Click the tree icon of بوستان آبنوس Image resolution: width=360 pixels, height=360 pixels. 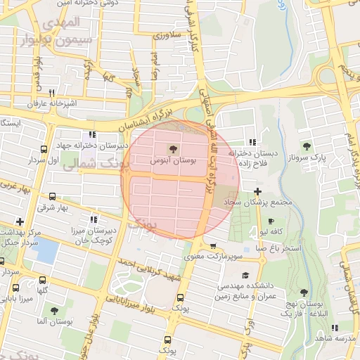[x=172, y=148]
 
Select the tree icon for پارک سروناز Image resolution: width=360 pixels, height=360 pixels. [x=307, y=146]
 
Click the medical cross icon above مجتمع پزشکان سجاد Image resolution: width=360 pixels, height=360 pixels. [x=257, y=191]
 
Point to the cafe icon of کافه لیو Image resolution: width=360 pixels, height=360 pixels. [x=271, y=221]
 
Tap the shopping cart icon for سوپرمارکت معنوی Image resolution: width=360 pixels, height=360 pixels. [x=213, y=246]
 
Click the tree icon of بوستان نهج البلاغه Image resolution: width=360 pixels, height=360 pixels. [x=304, y=292]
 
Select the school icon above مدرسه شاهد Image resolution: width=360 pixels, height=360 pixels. [x=334, y=328]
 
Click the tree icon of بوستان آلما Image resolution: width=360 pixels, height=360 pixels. [x=53, y=310]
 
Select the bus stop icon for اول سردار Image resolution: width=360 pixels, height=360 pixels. [x=44, y=149]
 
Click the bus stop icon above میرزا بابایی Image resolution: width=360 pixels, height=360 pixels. [x=16, y=288]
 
